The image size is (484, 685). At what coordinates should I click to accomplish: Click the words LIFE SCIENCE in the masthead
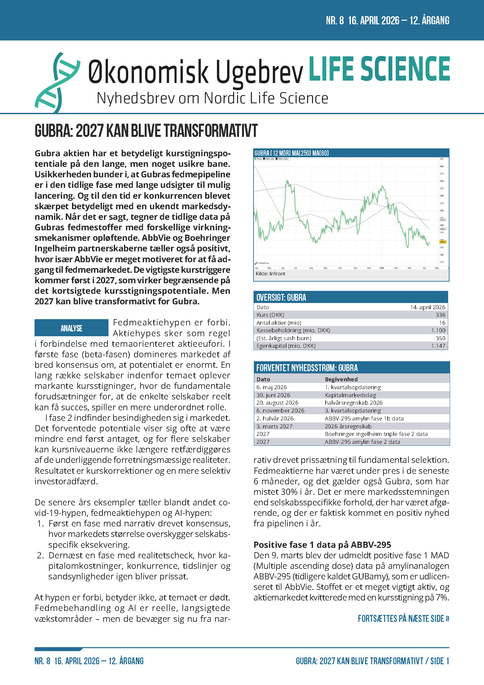pyautogui.click(x=379, y=69)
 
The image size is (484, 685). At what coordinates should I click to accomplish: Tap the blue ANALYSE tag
pyautogui.click(x=71, y=328)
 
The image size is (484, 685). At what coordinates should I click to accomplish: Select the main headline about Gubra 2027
pyautogui.click(x=146, y=131)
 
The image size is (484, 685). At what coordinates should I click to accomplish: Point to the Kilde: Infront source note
pyautogui.click(x=270, y=274)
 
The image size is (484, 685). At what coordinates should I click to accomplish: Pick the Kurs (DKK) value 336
pyautogui.click(x=440, y=315)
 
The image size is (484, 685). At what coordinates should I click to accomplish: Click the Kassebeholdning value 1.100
pyautogui.click(x=438, y=330)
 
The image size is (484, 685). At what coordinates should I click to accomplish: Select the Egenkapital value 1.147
pyautogui.click(x=438, y=346)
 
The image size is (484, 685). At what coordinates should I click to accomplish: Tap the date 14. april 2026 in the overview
pyautogui.click(x=427, y=307)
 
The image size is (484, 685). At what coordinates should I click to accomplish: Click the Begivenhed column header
pyautogui.click(x=341, y=379)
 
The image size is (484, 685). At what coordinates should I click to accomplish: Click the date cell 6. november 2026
pyautogui.click(x=280, y=411)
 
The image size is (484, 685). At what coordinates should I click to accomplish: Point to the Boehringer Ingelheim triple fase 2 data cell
pyautogui.click(x=376, y=434)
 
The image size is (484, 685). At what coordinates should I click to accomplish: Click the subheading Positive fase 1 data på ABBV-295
pyautogui.click(x=322, y=545)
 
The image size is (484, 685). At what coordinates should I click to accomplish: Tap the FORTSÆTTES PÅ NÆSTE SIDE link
pyautogui.click(x=403, y=619)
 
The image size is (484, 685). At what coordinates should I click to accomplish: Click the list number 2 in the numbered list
pyautogui.click(x=40, y=555)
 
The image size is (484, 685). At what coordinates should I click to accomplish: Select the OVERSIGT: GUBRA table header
pyautogui.click(x=281, y=297)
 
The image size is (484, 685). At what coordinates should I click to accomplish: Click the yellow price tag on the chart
pyautogui.click(x=443, y=242)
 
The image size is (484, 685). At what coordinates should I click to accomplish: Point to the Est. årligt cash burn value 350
pyautogui.click(x=440, y=338)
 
